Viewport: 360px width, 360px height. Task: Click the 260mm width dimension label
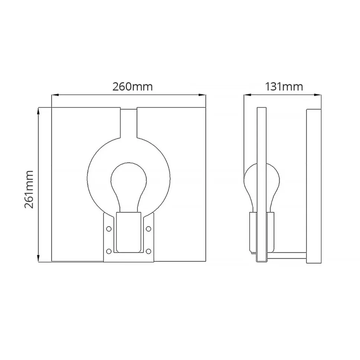tap(132, 86)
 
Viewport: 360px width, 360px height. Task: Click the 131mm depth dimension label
tap(284, 86)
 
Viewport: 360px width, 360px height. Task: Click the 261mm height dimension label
tap(29, 189)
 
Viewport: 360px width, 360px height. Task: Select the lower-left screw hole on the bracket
tap(108, 251)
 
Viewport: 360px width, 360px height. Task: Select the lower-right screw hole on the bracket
tap(148, 251)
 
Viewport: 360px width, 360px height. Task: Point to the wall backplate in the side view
tap(314, 186)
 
